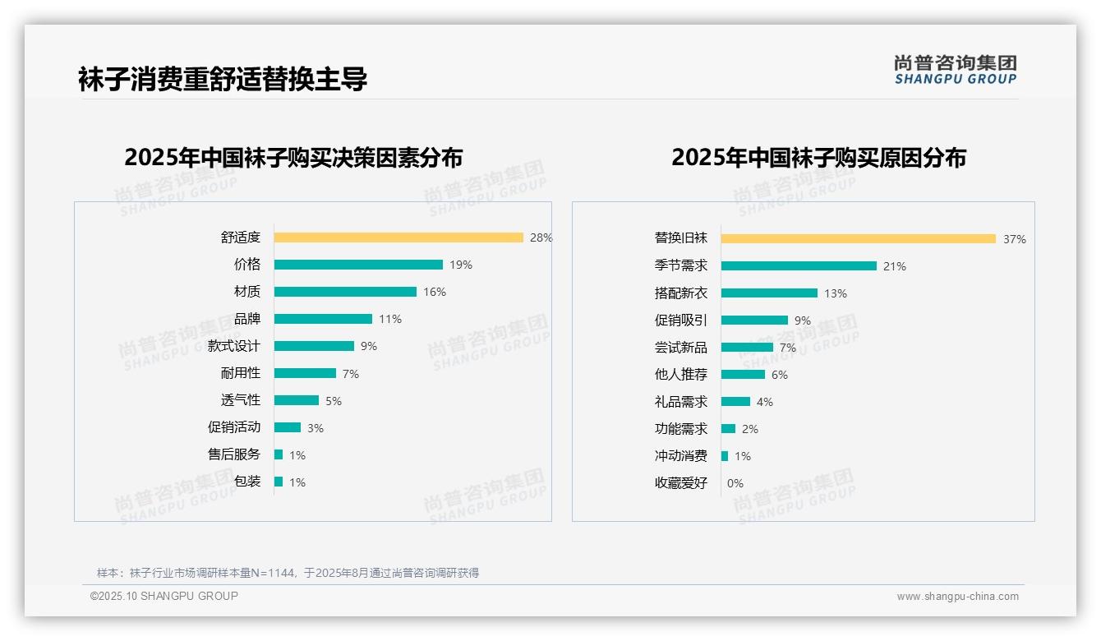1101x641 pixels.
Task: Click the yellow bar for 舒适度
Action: pos(398,237)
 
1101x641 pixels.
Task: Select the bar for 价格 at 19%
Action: pos(358,265)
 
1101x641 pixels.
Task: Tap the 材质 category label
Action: pos(246,292)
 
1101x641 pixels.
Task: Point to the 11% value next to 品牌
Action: pos(390,319)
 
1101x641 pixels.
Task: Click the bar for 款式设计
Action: pos(314,346)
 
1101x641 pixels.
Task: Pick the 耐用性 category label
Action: pos(240,373)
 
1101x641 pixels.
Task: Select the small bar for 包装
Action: pos(279,482)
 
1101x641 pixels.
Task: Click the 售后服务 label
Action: pos(233,454)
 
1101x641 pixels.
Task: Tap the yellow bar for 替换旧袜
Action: pos(859,239)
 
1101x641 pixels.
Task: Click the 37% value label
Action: pos(1014,239)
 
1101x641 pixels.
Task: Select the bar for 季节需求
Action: pos(799,266)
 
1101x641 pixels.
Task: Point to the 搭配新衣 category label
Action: pos(680,293)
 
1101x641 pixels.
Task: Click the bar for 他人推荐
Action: pos(743,375)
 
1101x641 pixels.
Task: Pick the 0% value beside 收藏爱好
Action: pos(735,483)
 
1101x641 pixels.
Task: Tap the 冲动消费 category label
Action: pos(680,456)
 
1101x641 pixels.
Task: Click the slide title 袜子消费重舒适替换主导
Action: pos(223,79)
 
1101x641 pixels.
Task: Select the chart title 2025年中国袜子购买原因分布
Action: pos(818,157)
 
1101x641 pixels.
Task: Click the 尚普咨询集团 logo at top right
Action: pos(955,70)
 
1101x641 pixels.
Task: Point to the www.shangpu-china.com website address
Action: pos(957,597)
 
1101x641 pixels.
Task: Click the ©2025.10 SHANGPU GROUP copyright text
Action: pos(164,596)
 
